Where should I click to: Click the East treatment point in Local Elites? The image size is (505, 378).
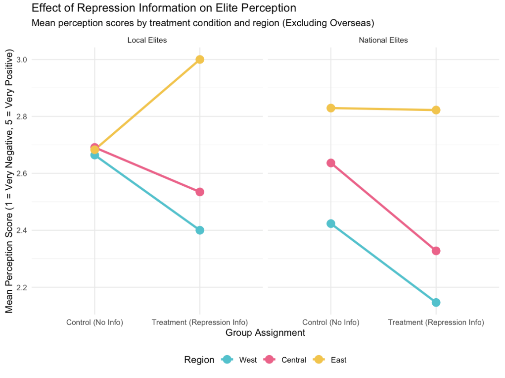[200, 59]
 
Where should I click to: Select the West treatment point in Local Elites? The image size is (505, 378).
[200, 230]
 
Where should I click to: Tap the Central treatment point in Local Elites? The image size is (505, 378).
[200, 192]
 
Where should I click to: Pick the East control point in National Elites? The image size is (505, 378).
[331, 108]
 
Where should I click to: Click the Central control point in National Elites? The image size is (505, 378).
[331, 163]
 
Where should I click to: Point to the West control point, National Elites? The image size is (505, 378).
[331, 223]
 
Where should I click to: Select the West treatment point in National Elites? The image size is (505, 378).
[436, 302]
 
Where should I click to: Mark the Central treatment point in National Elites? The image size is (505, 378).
[436, 251]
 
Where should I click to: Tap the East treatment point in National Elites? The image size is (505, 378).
[436, 110]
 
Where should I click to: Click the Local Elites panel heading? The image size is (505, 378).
[147, 41]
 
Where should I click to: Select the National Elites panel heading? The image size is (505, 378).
[383, 41]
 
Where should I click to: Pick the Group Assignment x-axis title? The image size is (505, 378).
[265, 333]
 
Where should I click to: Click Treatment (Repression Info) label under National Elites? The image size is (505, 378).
[436, 323]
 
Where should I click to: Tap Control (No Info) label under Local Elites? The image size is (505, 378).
[94, 323]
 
